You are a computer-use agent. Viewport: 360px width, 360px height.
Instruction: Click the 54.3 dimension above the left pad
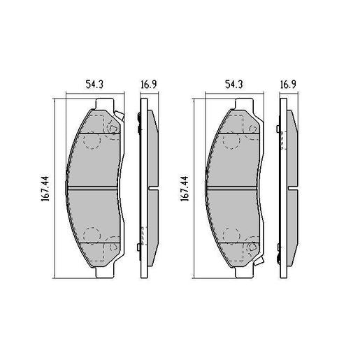pos(94,84)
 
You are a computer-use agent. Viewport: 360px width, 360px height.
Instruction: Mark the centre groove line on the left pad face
pos(95,188)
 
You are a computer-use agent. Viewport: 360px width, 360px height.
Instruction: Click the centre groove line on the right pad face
pos(234,188)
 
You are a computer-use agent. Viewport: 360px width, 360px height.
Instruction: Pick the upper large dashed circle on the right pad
pos(231,142)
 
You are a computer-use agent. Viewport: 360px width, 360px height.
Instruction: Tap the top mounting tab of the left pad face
pos(103,104)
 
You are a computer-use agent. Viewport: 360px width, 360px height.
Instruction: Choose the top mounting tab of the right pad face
pos(243,104)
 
